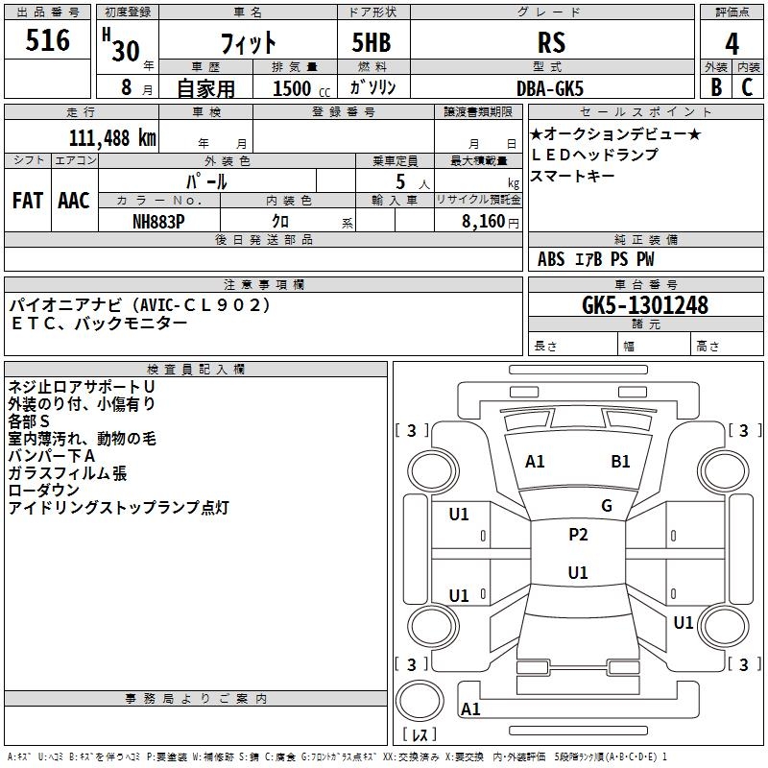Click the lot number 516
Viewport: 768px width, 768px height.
pyautogui.click(x=48, y=40)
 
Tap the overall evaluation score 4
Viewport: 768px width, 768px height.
pyautogui.click(x=732, y=42)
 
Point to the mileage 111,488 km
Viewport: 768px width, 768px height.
pyautogui.click(x=112, y=137)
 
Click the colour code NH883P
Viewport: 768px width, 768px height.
pyautogui.click(x=159, y=221)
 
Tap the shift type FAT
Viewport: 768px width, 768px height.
pyautogui.click(x=28, y=201)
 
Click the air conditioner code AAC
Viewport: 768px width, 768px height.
pyautogui.click(x=74, y=201)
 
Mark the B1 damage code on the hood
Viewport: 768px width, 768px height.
pyautogui.click(x=620, y=462)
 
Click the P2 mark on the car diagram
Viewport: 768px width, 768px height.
pyautogui.click(x=578, y=536)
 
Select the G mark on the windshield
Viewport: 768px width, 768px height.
pyautogui.click(x=606, y=506)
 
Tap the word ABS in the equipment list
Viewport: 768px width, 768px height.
pyautogui.click(x=551, y=259)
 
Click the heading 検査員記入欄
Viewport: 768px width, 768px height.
pyautogui.click(x=196, y=370)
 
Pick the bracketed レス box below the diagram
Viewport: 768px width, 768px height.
pyautogui.click(x=422, y=734)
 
